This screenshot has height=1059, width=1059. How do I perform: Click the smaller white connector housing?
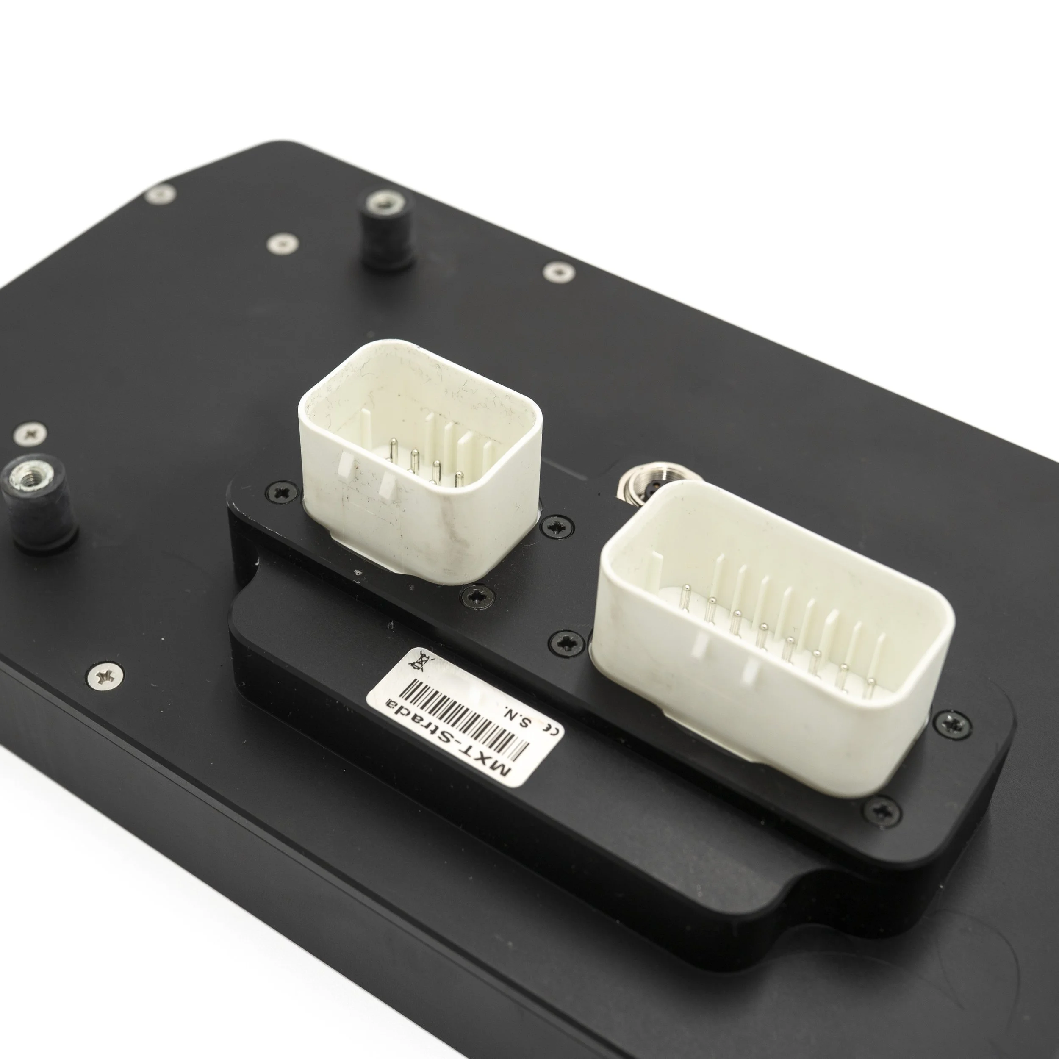(x=420, y=460)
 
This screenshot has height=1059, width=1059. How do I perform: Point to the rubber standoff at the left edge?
(x=39, y=502)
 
